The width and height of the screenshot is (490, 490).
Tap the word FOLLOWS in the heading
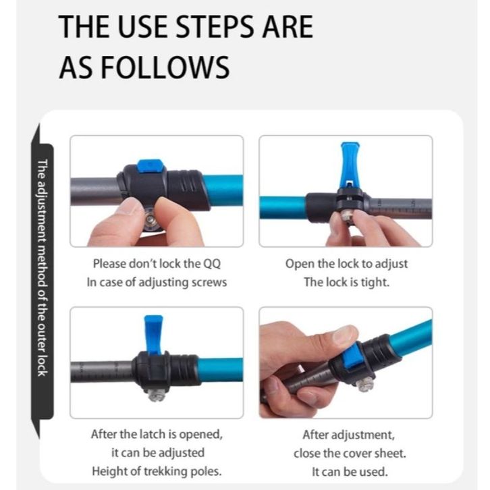[x=165, y=67]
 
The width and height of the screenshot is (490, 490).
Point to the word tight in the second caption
[x=375, y=283]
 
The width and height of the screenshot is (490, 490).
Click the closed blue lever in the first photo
[x=151, y=166]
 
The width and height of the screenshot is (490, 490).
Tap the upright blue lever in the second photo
[x=350, y=165]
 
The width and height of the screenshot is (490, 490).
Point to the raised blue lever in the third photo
[x=153, y=335]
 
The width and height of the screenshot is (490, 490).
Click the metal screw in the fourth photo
[x=364, y=385]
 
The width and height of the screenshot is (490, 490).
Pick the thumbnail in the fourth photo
[x=345, y=333]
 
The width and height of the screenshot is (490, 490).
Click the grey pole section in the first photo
[x=95, y=192]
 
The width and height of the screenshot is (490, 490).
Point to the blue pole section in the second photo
[x=283, y=207]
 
